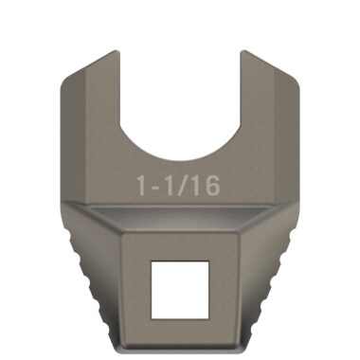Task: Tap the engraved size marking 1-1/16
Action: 179,186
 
